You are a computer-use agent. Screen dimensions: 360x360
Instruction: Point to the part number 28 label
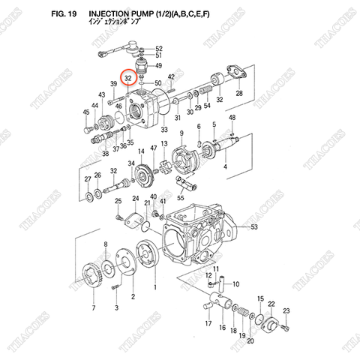(x=239, y=93)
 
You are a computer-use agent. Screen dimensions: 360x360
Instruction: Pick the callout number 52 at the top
(x=158, y=48)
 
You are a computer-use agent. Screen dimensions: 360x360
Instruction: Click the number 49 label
(x=158, y=67)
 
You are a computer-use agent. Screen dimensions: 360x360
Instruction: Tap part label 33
(x=163, y=130)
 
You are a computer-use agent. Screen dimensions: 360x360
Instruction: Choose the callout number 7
(x=93, y=308)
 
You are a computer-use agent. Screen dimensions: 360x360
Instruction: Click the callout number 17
(x=208, y=323)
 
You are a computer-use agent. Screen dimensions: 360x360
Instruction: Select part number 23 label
(x=285, y=311)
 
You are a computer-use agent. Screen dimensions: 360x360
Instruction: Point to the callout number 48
(x=232, y=118)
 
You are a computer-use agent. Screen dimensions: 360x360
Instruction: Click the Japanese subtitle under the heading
(x=136, y=24)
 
